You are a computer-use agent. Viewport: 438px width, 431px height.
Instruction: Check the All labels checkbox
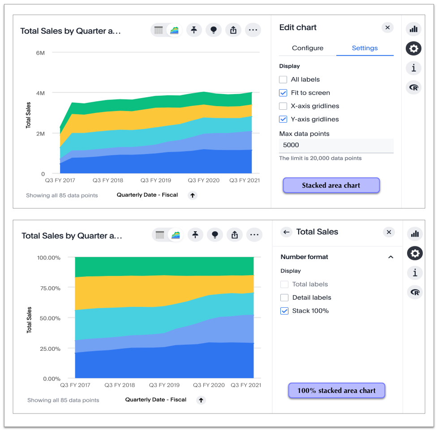283,80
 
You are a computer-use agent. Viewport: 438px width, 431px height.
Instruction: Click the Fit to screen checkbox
283,93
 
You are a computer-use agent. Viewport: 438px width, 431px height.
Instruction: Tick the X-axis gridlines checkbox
283,106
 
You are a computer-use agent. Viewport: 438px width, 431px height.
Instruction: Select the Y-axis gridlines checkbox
283,119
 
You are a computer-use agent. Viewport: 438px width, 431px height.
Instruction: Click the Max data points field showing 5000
336,145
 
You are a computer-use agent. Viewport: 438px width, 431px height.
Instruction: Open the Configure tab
307,48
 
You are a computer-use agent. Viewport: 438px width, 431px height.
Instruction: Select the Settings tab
365,48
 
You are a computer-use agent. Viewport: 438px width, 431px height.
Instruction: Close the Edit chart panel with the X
387,28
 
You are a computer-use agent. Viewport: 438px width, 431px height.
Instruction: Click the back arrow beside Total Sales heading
287,232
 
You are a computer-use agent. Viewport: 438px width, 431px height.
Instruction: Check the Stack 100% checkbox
284,311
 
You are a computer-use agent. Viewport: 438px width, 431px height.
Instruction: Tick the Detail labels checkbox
284,297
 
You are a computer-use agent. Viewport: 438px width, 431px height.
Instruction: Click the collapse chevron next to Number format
391,257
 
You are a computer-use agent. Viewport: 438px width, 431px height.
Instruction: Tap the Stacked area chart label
331,185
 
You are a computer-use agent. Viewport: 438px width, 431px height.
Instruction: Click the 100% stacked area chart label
336,391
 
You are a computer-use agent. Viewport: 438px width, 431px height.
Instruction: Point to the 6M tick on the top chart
40,53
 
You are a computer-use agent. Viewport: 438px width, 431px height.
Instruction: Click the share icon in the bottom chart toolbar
235,235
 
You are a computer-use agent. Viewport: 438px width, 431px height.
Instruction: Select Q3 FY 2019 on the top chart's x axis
156,181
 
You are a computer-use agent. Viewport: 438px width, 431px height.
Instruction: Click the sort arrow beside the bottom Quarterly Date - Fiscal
201,400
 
